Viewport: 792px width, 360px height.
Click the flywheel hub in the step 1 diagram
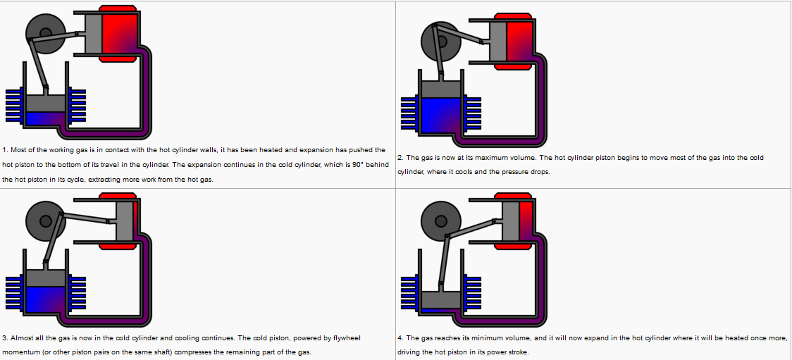coord(44,32)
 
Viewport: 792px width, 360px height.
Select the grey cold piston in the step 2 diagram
coord(440,88)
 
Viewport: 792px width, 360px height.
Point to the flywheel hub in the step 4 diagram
coord(440,221)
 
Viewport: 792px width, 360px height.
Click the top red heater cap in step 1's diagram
coord(118,9)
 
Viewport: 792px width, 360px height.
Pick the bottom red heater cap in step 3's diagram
coord(118,247)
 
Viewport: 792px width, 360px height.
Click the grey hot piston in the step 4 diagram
coord(511,220)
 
